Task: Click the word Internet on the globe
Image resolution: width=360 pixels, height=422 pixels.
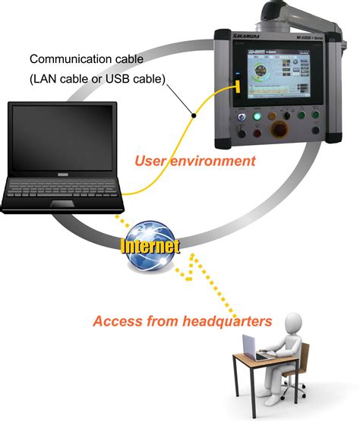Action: (x=150, y=246)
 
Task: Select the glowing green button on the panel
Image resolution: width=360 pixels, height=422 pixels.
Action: (x=257, y=116)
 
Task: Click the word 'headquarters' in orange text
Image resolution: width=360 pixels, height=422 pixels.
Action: (x=226, y=321)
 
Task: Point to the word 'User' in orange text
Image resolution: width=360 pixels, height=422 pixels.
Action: (x=152, y=161)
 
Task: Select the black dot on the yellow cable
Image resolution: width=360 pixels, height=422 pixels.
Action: (x=195, y=115)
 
